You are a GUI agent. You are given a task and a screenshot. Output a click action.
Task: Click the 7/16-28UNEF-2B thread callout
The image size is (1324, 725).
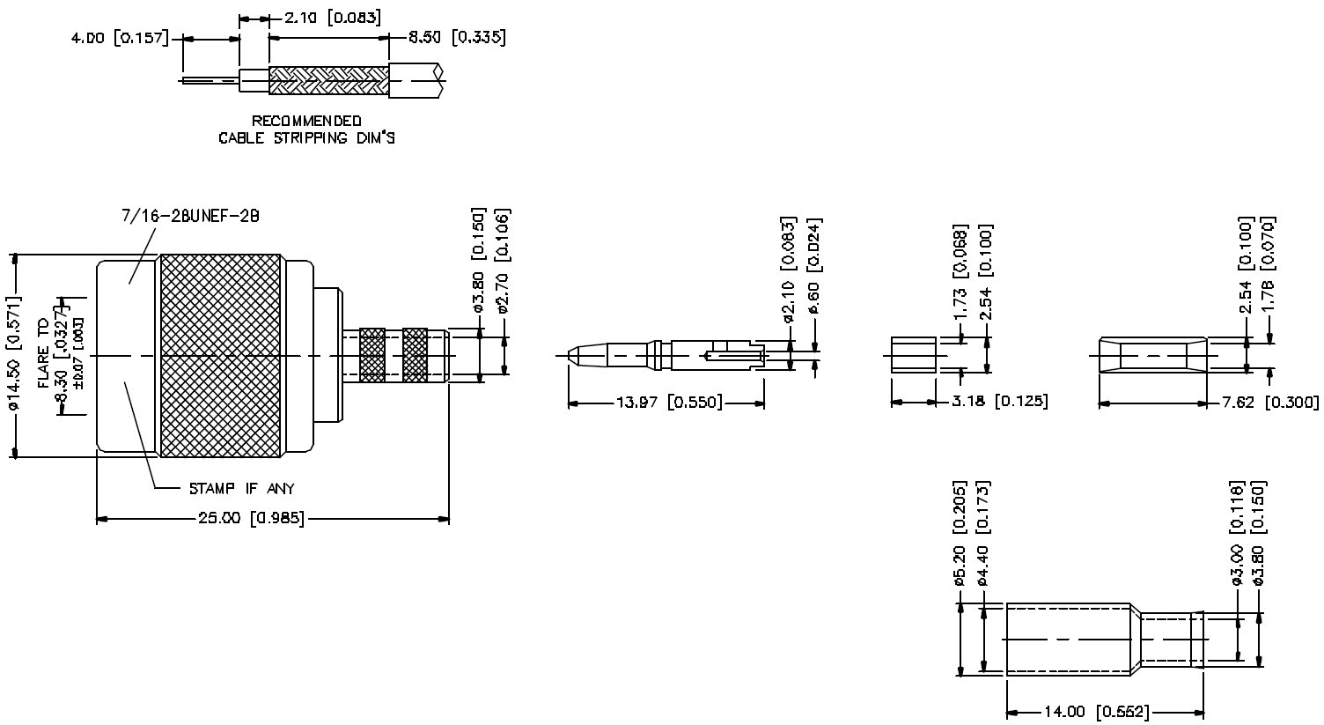click(190, 215)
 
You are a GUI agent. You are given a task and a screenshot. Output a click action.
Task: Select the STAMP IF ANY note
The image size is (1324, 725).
click(242, 489)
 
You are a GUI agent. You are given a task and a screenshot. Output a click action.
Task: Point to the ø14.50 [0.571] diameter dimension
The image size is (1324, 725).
click(14, 356)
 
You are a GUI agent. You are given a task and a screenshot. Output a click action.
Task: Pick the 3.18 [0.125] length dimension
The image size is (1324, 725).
click(1000, 403)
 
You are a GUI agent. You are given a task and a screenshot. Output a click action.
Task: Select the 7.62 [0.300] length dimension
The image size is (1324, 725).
click(1270, 403)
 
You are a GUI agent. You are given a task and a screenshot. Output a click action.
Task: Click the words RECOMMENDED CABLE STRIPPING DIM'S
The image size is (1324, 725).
click(306, 129)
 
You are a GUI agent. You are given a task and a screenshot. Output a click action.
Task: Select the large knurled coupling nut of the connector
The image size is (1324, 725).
click(220, 356)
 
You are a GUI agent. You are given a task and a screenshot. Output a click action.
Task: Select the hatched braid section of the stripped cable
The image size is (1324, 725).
click(327, 80)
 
